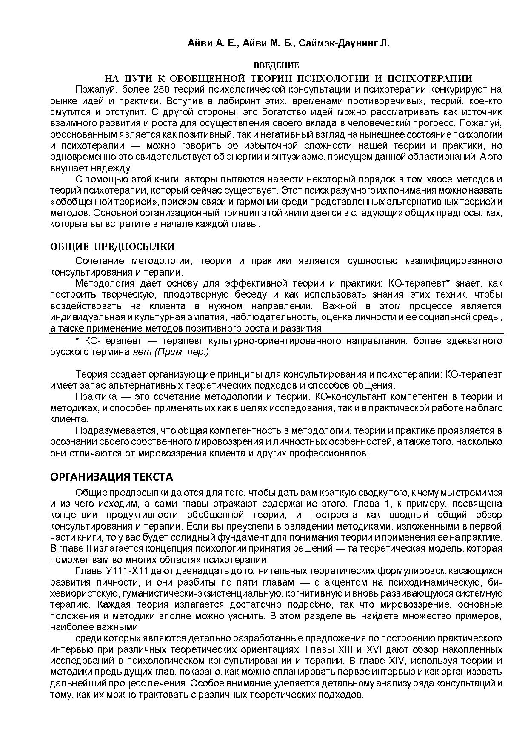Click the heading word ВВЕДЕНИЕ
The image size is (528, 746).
pos(276,65)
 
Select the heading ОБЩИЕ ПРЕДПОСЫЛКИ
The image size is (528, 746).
pos(112,247)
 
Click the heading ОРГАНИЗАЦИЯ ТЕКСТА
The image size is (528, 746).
pos(111,477)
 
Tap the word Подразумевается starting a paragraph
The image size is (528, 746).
pos(111,430)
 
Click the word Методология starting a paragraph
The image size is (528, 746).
pos(102,284)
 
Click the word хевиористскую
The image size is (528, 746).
pos(81,593)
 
